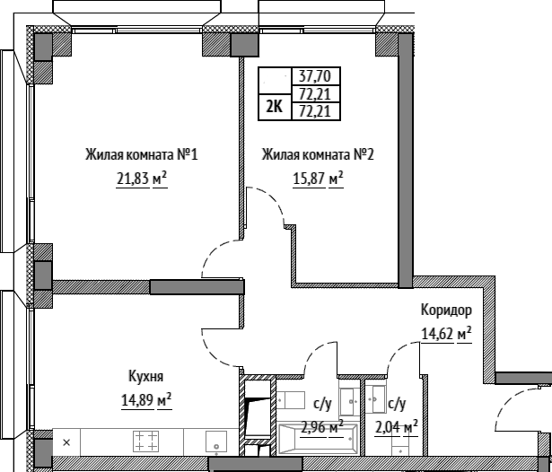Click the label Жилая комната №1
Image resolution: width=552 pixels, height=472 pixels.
142,154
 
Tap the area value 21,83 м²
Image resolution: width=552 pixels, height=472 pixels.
142,179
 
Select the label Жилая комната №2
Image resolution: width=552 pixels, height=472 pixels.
318,154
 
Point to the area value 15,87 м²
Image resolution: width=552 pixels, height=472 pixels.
318,179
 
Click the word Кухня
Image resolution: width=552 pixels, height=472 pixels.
145,376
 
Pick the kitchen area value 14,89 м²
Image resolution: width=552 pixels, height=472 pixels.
146,400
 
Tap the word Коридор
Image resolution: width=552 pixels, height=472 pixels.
446,310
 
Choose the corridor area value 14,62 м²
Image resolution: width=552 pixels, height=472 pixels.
446,334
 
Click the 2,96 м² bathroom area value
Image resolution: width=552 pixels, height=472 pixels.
322,428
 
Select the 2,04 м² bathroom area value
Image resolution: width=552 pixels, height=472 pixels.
397,428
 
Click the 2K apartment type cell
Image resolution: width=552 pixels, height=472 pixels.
275,107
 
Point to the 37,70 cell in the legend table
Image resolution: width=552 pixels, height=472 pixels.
316,75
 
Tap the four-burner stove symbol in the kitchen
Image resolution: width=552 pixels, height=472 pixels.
145,441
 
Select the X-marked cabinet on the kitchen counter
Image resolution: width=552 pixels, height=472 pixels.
66,442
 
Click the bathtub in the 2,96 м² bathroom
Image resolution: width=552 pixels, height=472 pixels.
318,439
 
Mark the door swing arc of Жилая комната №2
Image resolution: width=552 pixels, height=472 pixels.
273,198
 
